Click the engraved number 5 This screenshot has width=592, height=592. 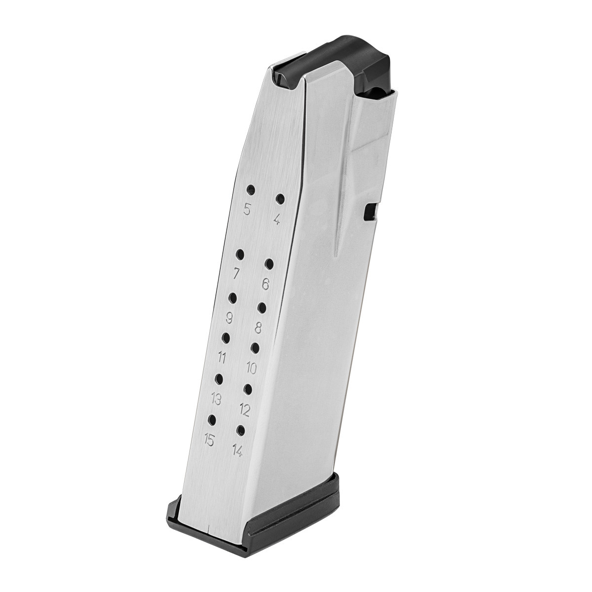coord(247,209)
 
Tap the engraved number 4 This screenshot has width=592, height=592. coord(276,220)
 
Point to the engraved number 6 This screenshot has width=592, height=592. coord(265,284)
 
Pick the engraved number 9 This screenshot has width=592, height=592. coord(229,316)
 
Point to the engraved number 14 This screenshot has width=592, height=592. coord(237,450)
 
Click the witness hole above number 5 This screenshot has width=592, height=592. coord(251,189)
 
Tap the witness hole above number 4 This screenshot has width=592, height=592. coord(280,199)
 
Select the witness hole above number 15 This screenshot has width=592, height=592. coord(213,419)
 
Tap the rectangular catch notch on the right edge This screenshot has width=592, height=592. coord(368,212)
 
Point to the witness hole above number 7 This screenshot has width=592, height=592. coord(240,254)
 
